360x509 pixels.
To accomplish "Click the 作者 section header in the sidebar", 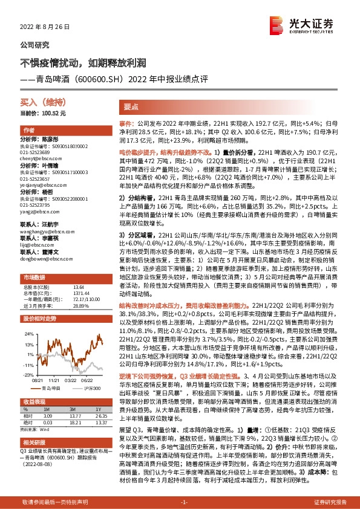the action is (x=30, y=131).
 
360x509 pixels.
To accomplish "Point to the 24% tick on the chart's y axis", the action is (x=29, y=333).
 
